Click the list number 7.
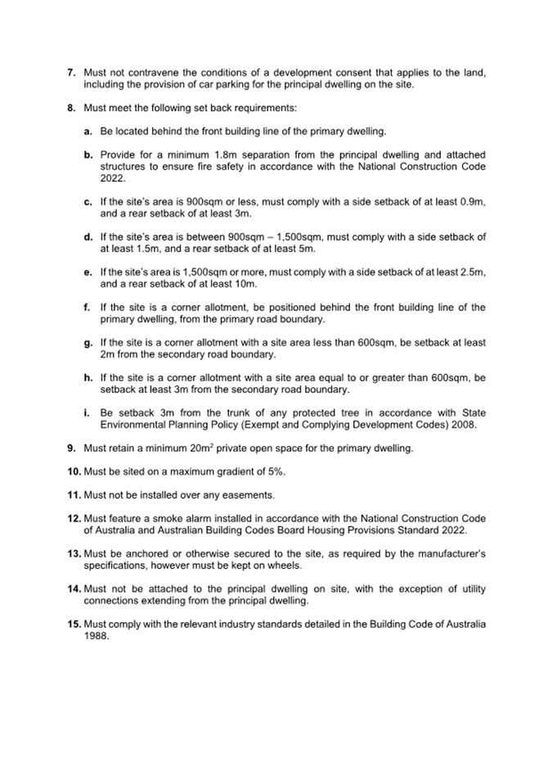click(x=71, y=73)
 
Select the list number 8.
click(x=71, y=107)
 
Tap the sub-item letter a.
click(x=88, y=131)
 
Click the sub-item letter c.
click(x=88, y=201)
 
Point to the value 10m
click(x=245, y=284)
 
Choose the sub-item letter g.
click(x=88, y=343)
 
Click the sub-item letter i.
click(x=87, y=413)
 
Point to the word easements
click(x=247, y=495)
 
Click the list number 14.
click(x=74, y=589)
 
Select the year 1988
click(x=96, y=636)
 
